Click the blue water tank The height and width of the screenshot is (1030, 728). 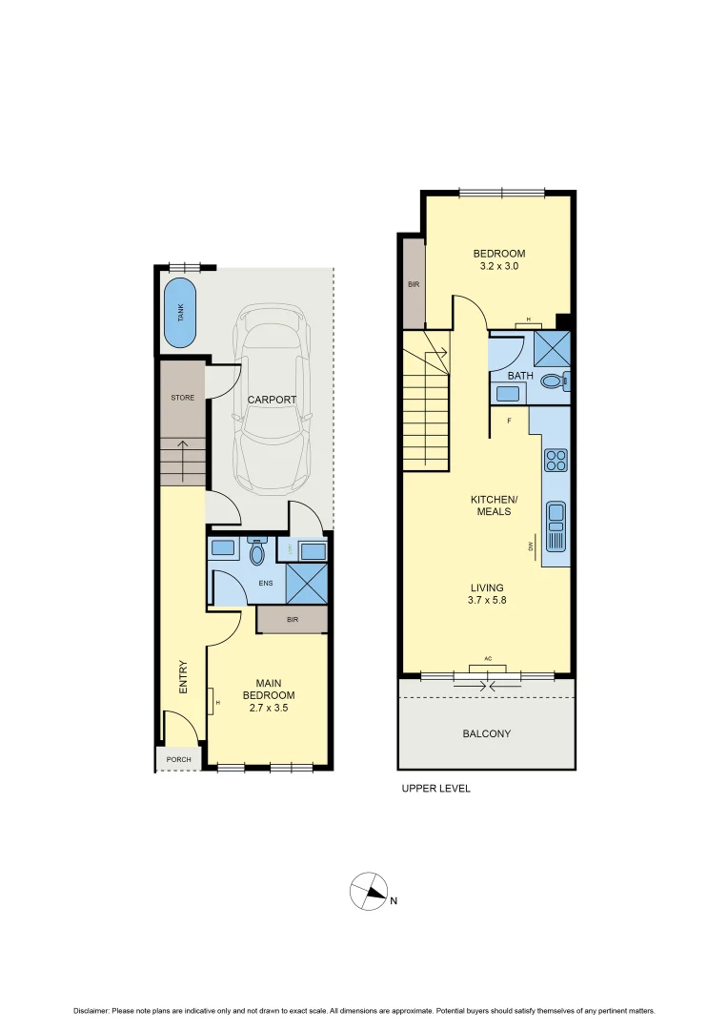180,314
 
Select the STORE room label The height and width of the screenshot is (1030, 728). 182,398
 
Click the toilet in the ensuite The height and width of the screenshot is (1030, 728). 256,551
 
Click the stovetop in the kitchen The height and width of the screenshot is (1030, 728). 555,461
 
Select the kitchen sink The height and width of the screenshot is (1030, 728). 556,527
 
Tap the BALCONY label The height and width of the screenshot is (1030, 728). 486,734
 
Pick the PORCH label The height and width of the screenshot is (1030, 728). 178,760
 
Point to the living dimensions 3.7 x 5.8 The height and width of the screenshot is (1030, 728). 486,601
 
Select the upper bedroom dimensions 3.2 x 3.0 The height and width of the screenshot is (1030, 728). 499,267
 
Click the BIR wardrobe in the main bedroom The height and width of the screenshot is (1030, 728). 293,619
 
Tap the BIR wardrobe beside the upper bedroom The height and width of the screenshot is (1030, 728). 414,283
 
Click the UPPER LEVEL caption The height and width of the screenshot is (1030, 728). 435,789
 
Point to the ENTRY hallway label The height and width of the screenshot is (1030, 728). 183,677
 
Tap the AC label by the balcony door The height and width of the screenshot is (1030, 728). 487,659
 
